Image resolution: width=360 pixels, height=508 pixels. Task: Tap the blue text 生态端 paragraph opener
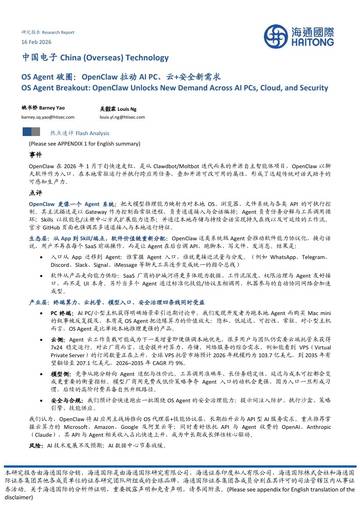click(49, 240)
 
